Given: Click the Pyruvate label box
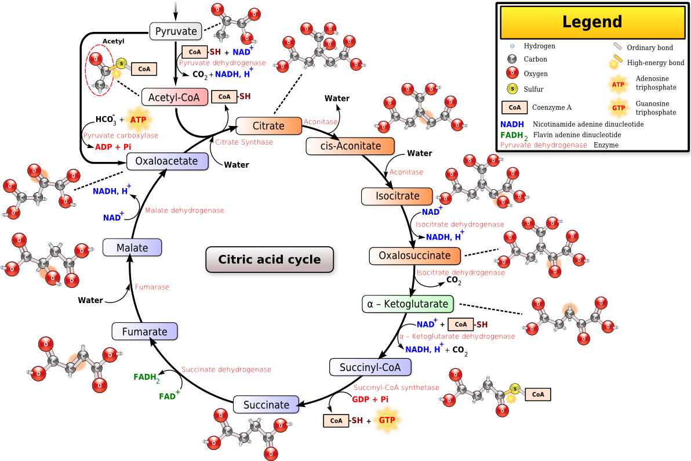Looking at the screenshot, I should click(x=176, y=31).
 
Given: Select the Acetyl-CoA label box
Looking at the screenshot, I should click(x=174, y=98).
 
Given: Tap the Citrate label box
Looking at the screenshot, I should click(x=268, y=126).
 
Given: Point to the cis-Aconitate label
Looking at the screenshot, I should click(x=350, y=146).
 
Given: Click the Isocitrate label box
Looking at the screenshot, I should click(x=397, y=196).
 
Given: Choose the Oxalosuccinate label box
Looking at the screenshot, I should click(x=414, y=255).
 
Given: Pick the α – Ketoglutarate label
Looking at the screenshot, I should click(x=408, y=304).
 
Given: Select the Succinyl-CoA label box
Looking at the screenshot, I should click(x=370, y=367).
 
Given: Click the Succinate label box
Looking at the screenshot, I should click(x=266, y=405).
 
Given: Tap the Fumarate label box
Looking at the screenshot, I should click(x=144, y=332).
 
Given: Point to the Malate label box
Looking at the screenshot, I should click(x=132, y=248).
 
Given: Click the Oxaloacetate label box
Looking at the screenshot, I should click(x=167, y=161).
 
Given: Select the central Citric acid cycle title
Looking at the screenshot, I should click(x=270, y=260).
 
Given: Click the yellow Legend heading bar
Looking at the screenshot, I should click(x=592, y=23).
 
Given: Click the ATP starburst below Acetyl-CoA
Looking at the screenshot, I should click(x=139, y=120).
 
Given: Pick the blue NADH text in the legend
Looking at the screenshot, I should click(x=512, y=124).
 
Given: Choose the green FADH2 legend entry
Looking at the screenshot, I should click(x=514, y=135).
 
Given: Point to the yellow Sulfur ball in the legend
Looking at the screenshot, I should click(x=512, y=89).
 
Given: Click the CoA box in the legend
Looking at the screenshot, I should click(x=514, y=107).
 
